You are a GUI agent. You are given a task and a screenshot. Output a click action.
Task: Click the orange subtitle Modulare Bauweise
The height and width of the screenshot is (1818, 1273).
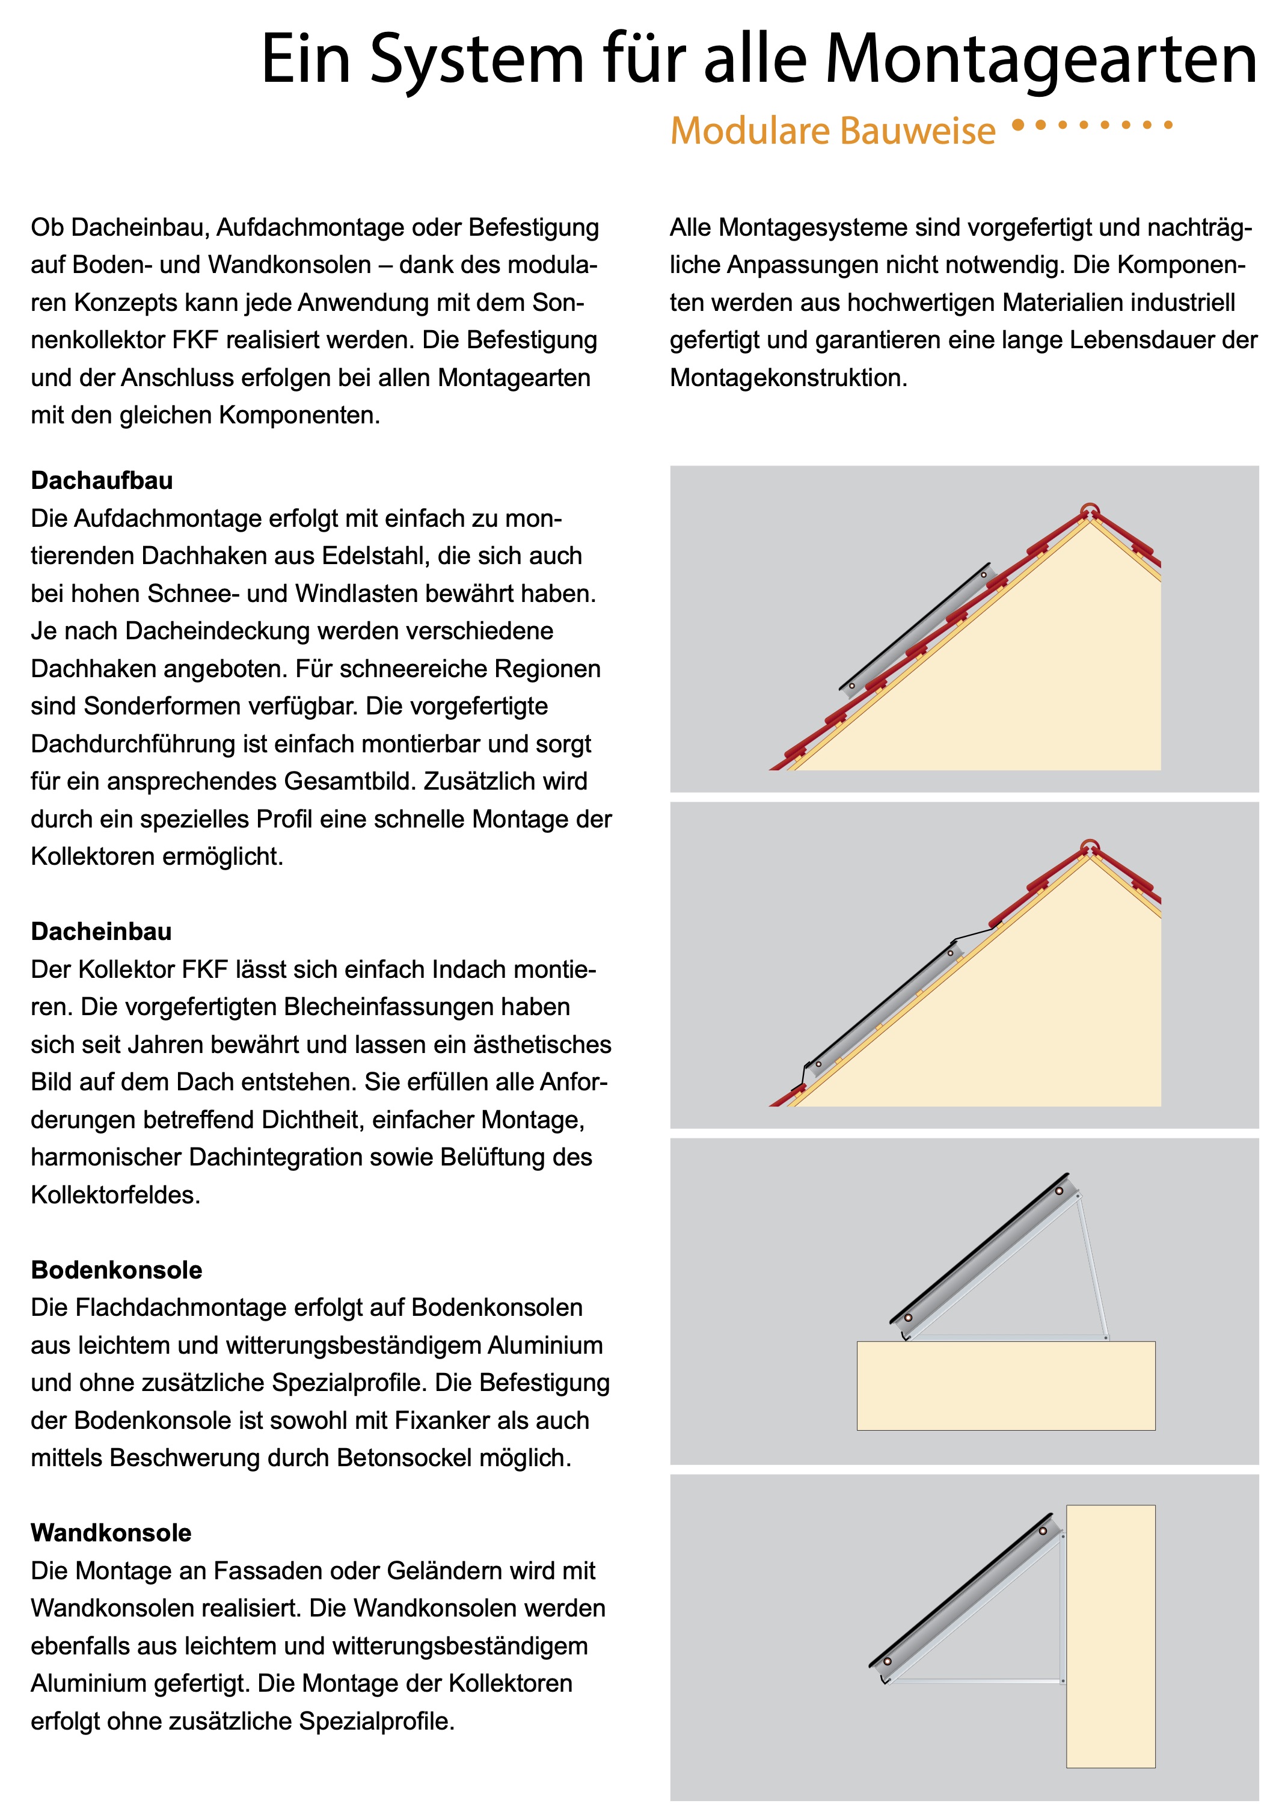click(832, 131)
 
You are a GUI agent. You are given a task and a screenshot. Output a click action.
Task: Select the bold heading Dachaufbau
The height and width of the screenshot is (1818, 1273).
click(102, 481)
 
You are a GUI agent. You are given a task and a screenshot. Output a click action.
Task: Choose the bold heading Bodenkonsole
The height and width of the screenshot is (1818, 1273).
click(117, 1270)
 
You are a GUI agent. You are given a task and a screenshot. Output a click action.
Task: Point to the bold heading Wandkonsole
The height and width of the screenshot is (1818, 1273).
click(111, 1533)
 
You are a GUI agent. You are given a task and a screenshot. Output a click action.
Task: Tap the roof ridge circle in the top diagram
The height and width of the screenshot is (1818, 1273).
click(1090, 511)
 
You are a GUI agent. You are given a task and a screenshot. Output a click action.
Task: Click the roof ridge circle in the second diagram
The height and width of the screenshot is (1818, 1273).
click(1090, 846)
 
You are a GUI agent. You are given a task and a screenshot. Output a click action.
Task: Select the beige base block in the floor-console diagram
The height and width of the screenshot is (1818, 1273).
click(1005, 1385)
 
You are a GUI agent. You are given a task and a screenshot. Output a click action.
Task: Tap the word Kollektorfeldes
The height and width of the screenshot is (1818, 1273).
click(115, 1195)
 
